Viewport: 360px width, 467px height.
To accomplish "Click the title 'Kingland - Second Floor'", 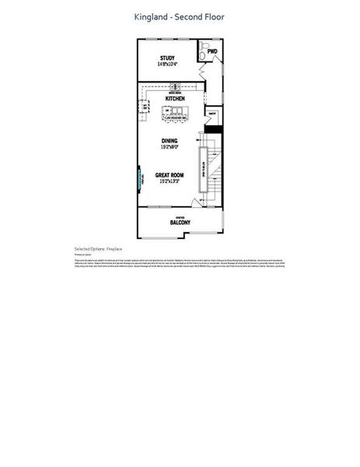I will click(180, 16).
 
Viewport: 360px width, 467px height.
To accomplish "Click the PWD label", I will click(212, 52).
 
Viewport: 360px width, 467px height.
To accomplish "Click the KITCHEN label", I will click(175, 100).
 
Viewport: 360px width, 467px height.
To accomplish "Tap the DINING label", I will click(170, 141).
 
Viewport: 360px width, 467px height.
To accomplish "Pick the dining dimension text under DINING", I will click(170, 147).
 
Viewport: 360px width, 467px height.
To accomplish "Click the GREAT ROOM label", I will click(169, 175).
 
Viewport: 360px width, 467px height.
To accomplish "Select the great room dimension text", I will click(169, 181).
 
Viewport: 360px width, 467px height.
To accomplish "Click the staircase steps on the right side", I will click(215, 171).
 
